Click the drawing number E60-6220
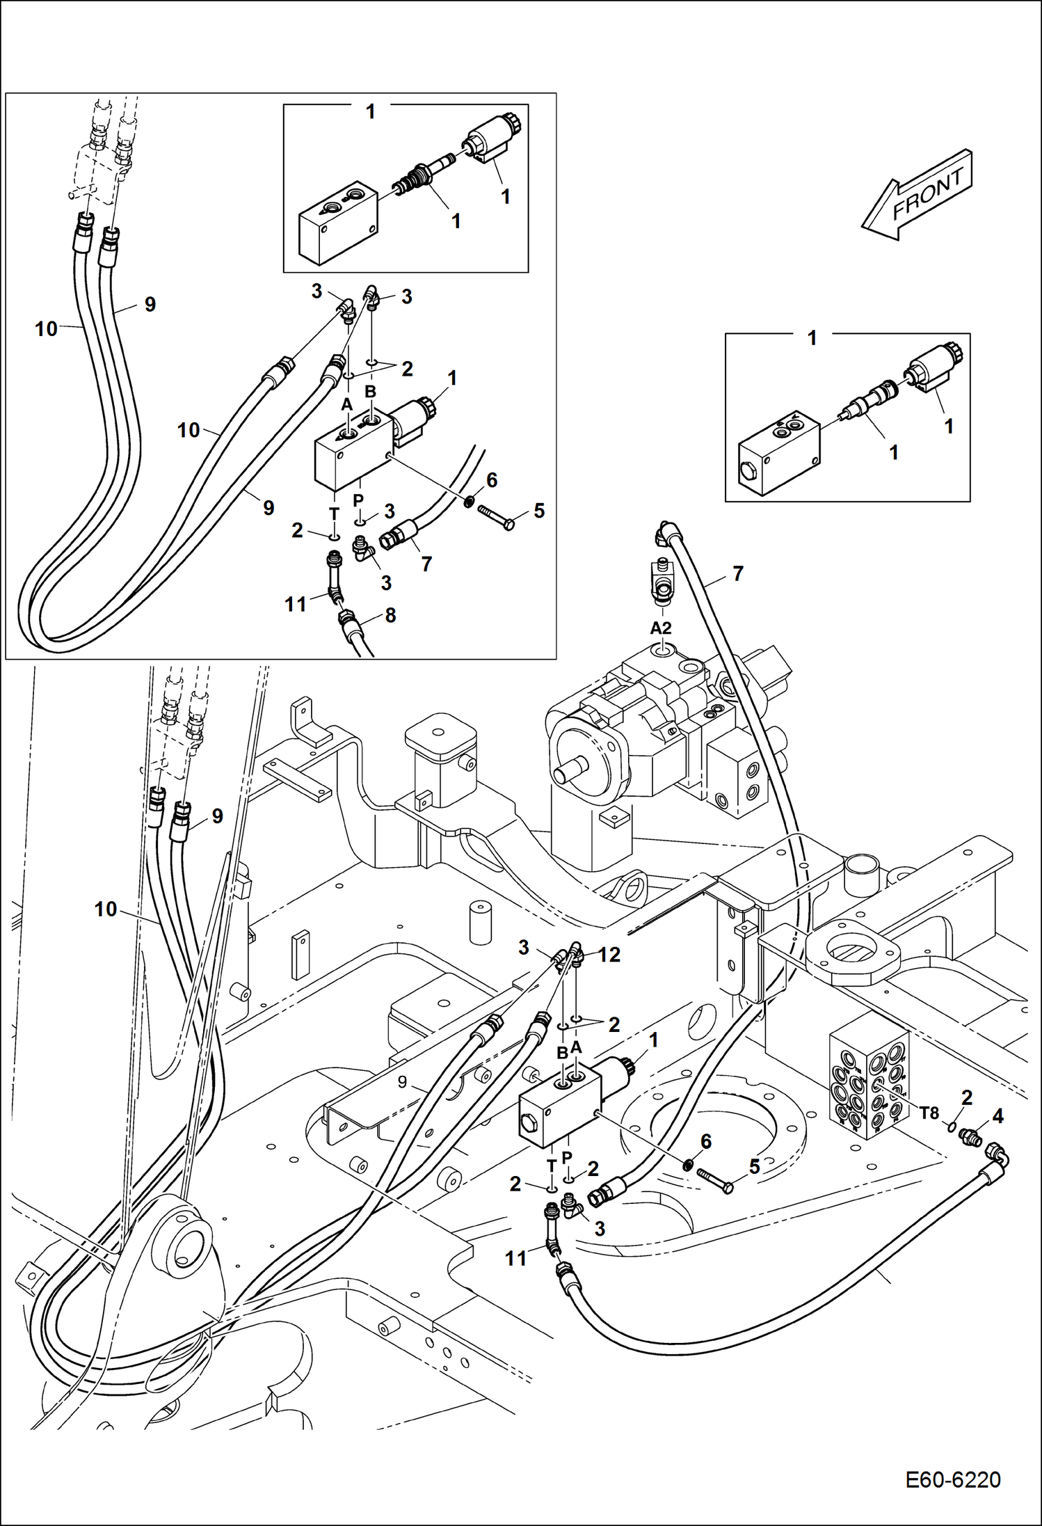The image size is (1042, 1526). click(x=952, y=1479)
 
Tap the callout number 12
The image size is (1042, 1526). click(x=609, y=955)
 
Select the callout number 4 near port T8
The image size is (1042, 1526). click(x=997, y=1116)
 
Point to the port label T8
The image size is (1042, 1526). click(x=929, y=1113)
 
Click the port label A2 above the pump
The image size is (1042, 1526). click(x=660, y=628)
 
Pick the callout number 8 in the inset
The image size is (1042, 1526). click(x=390, y=615)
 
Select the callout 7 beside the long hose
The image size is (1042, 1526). click(x=738, y=573)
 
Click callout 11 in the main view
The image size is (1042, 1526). click(x=515, y=1258)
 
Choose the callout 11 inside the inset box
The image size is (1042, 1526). click(x=296, y=605)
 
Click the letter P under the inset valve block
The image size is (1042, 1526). click(x=358, y=500)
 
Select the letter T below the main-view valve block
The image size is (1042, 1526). click(x=552, y=1165)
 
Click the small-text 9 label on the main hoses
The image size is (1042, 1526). click(x=403, y=1082)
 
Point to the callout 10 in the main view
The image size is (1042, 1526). click(x=106, y=909)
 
